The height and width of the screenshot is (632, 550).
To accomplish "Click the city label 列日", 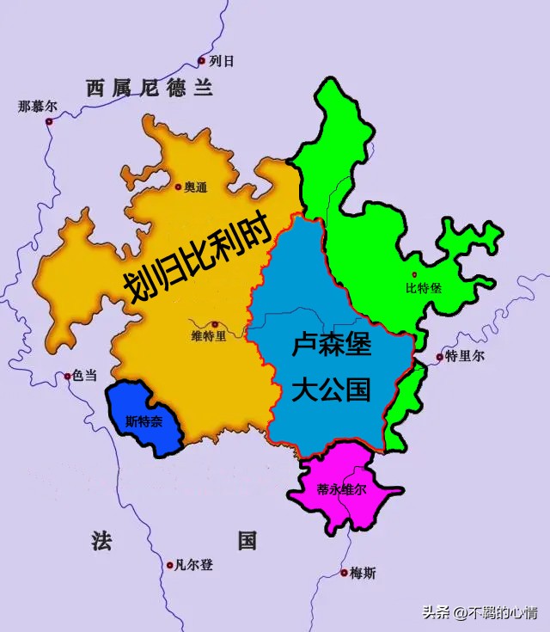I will (222, 61).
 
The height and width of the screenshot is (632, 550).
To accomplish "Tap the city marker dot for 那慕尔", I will (49, 121).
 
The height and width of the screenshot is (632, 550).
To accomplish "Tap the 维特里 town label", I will (209, 336).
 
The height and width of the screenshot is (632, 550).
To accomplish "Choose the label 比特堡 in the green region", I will (424, 288).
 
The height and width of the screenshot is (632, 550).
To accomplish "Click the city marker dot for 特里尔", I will (439, 356).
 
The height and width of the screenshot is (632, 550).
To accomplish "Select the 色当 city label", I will (84, 376).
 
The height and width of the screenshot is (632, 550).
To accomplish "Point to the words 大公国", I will (331, 390).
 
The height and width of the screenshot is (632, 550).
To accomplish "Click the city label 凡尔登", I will (193, 565).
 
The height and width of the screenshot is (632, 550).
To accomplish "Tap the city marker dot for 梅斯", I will (343, 572).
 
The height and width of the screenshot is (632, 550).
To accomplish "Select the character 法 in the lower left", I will (101, 541).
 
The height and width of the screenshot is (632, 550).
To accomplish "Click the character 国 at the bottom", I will (247, 541).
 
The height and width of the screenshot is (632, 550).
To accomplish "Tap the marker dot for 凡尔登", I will (169, 565).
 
